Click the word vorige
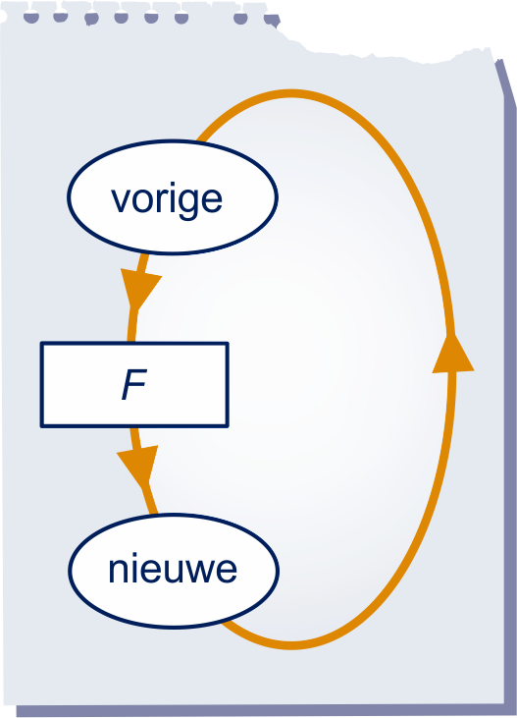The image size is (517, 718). tap(167, 201)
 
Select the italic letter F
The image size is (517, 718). tap(134, 385)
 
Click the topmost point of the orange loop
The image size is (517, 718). tap(291, 93)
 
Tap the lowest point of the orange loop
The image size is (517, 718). tap(291, 645)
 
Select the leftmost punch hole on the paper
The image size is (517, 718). tap(31, 19)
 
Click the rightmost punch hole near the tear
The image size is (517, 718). tap(272, 21)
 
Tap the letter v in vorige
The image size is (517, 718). tap(121, 201)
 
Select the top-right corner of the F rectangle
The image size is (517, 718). tap(228, 343)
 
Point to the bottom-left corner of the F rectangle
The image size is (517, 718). tap(41, 426)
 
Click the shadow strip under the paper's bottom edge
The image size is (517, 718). tap(261, 711)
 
